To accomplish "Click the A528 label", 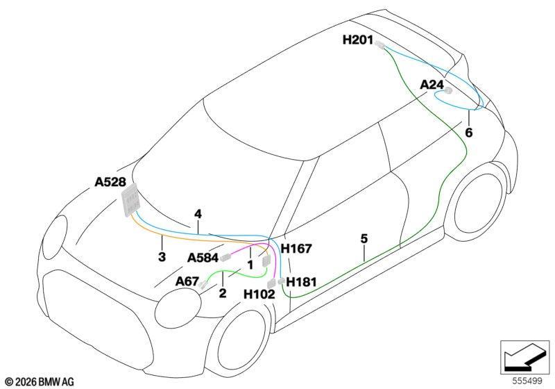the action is point(110,182).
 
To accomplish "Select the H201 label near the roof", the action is point(358,40).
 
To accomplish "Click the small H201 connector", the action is point(379,44).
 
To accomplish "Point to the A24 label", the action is point(432,85).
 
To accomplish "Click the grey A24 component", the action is point(448,90).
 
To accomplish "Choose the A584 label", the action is point(203,258).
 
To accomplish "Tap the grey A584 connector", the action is point(225,258).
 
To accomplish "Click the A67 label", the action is point(187,281).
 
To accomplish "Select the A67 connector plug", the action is point(203,284).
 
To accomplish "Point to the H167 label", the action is point(296,249).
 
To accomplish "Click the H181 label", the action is point(301,282).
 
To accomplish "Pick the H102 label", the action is point(259,294).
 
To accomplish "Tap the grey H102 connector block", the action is point(271,283).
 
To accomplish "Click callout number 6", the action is point(469,133).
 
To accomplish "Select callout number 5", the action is point(364,239).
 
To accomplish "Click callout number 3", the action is point(162,257).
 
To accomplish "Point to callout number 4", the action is point(198,214).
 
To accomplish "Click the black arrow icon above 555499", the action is point(525,357).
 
